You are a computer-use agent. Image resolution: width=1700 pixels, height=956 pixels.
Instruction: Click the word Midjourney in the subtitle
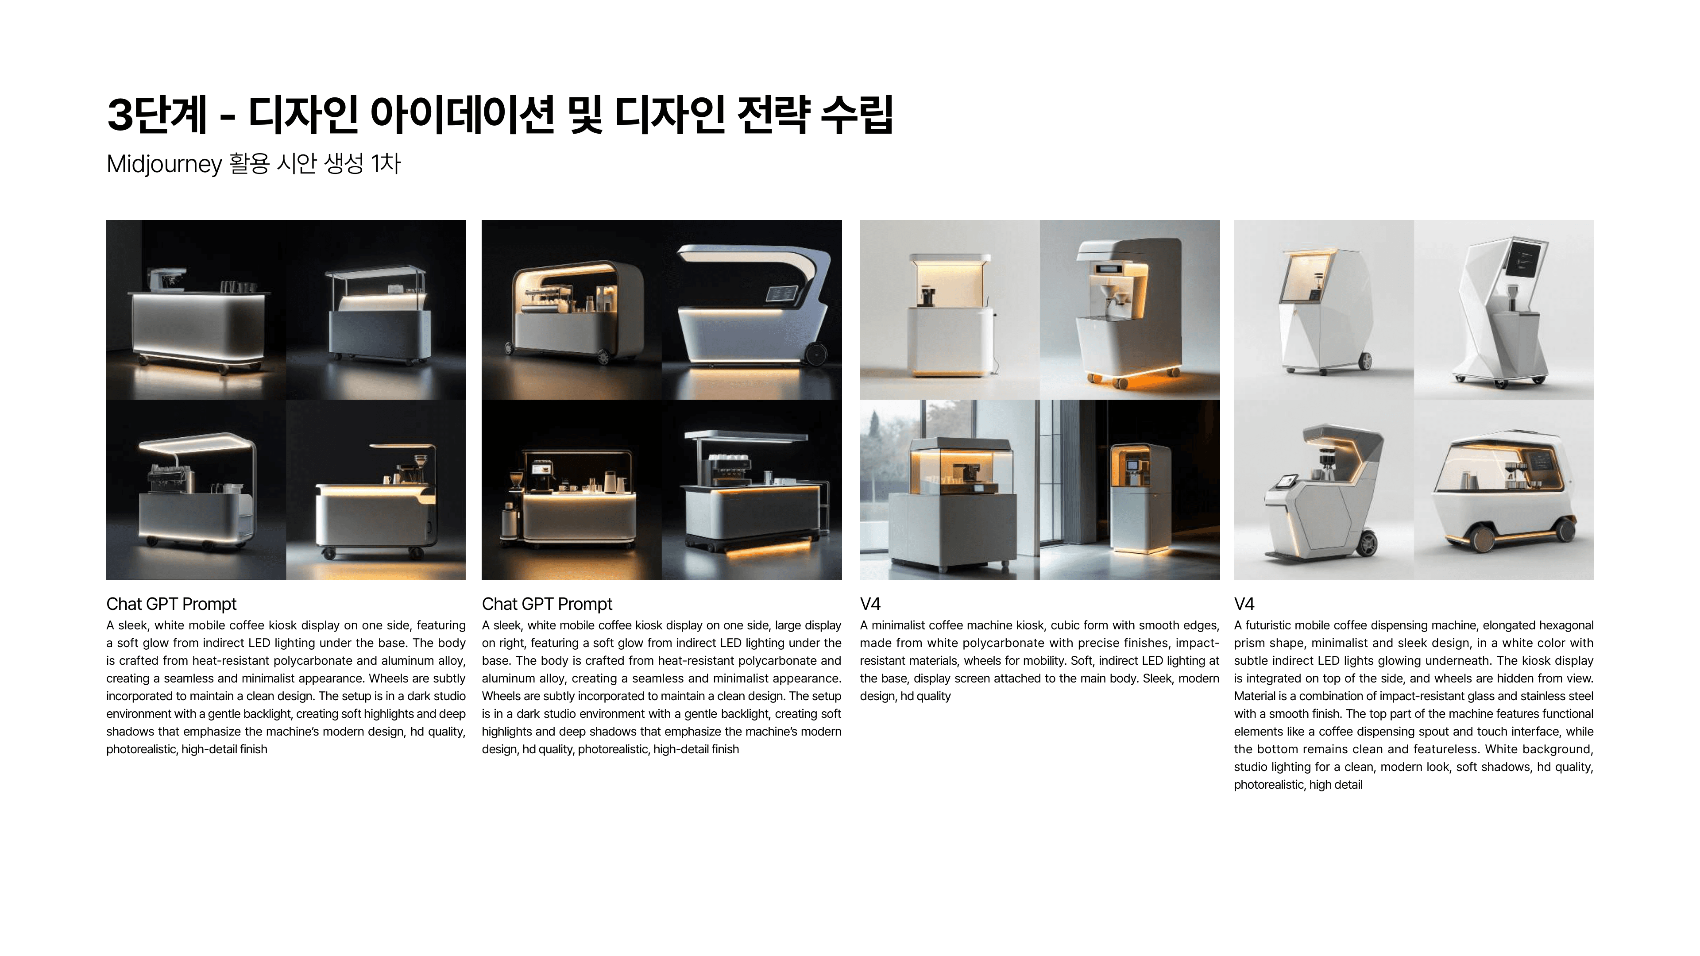coord(164,164)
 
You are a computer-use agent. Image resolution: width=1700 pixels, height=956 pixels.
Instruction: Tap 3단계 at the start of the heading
coord(157,114)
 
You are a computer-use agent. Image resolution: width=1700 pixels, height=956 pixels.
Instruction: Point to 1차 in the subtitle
coord(386,163)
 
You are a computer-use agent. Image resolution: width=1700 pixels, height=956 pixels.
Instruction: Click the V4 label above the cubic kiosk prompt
coord(870,604)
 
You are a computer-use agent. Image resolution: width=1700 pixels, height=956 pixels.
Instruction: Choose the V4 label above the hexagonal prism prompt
coord(1244,604)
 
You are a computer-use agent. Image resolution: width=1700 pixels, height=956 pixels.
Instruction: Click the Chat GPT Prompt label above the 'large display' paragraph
coord(547,604)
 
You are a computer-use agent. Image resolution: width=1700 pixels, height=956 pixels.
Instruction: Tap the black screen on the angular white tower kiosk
coord(1525,260)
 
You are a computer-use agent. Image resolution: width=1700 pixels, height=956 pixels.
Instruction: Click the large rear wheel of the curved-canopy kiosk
coord(815,354)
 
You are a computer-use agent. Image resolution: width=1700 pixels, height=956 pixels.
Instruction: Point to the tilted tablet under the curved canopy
coord(780,294)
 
